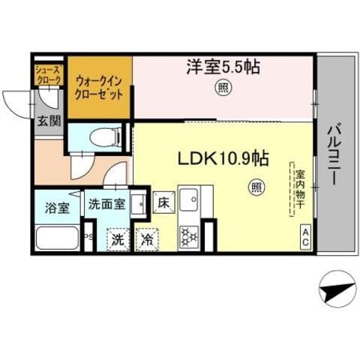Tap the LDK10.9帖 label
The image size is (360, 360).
point(223,160)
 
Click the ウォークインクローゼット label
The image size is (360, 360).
point(100,89)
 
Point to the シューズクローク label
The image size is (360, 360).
point(47,75)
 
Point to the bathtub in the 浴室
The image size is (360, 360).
point(56,238)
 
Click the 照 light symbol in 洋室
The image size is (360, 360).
point(223,88)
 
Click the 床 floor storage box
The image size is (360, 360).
point(163,202)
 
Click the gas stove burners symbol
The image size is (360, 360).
point(188,237)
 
